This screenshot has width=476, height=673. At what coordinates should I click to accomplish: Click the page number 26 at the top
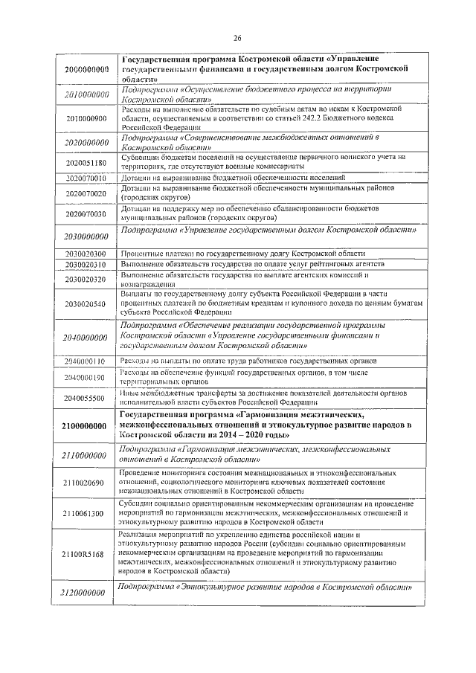[x=238, y=39]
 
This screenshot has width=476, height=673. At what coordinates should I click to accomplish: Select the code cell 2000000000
[x=87, y=69]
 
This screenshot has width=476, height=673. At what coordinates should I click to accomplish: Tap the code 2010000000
[x=87, y=95]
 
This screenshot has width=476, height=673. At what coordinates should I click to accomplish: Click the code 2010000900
[x=87, y=118]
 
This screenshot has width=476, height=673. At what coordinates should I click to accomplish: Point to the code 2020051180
[x=87, y=162]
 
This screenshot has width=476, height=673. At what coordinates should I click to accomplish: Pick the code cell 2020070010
[x=87, y=179]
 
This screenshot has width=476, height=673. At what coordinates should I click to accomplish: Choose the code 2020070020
[x=87, y=194]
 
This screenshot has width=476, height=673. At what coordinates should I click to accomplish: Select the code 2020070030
[x=87, y=214]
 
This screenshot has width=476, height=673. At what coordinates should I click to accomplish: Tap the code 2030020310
[x=87, y=265]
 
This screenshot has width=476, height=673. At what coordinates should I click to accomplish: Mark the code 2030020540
[x=87, y=304]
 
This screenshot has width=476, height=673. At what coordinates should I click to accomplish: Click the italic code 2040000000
[x=87, y=338]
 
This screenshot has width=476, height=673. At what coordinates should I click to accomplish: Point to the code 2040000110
[x=87, y=361]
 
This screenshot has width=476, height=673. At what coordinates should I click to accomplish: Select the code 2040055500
[x=87, y=398]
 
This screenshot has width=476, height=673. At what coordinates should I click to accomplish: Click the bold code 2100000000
[x=87, y=426]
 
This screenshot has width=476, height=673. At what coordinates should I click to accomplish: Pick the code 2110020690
[x=87, y=483]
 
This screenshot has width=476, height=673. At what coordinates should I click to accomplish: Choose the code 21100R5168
[x=87, y=555]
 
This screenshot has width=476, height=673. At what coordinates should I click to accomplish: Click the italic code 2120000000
[x=87, y=593]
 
